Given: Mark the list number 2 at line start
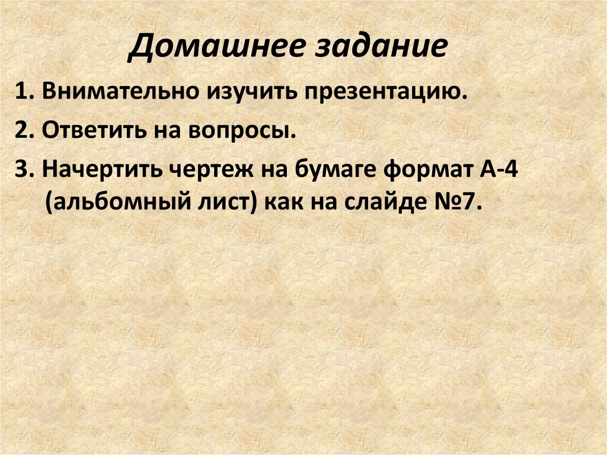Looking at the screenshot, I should pos(23,131).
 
